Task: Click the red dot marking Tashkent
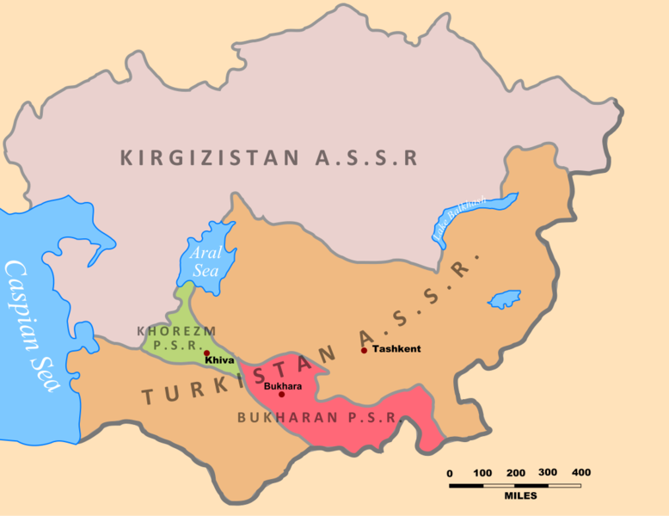click(364, 350)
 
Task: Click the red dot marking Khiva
click(206, 353)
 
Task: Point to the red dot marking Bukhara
click(281, 395)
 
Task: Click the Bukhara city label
click(283, 386)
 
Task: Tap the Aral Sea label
click(206, 260)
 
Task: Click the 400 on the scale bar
click(581, 473)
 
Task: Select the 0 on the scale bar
click(449, 473)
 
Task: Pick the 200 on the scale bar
click(516, 473)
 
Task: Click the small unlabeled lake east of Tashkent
click(504, 300)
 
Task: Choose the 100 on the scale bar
click(482, 473)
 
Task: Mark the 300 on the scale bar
click(548, 473)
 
